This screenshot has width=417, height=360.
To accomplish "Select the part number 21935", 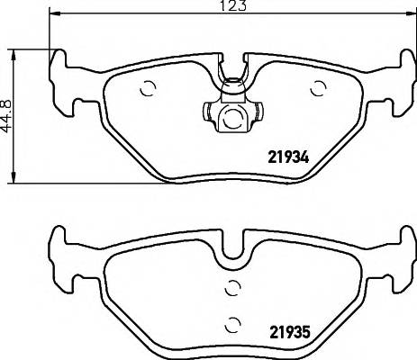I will click(288, 329).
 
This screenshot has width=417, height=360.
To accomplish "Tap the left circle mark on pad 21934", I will click(150, 88).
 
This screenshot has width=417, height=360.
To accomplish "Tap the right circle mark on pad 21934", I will click(317, 87).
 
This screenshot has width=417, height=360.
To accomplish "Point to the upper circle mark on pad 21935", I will click(233, 287).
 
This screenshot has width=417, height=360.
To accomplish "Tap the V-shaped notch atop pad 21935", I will click(233, 244).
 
